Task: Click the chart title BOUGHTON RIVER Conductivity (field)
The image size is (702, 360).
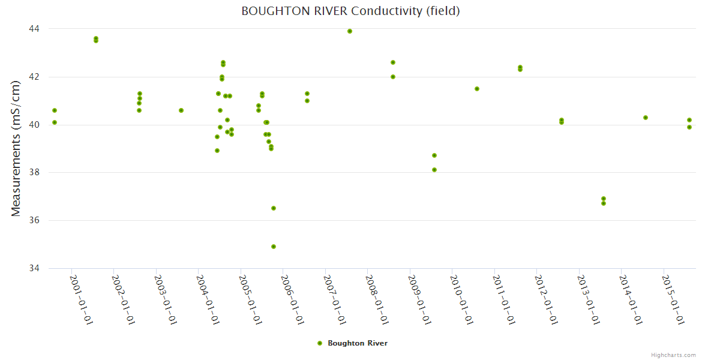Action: pyautogui.click(x=350, y=11)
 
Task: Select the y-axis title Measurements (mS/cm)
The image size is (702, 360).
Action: pyautogui.click(x=16, y=148)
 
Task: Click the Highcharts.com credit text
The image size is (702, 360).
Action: pyautogui.click(x=673, y=355)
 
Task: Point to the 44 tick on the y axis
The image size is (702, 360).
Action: pyautogui.click(x=34, y=29)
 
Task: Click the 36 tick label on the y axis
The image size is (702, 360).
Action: pyautogui.click(x=34, y=221)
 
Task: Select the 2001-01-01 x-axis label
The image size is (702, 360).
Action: pyautogui.click(x=82, y=300)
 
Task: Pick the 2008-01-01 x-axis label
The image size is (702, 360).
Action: pyautogui.click(x=377, y=300)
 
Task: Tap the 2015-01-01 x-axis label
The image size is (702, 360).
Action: pyautogui.click(x=673, y=300)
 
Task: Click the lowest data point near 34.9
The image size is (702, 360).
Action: pyautogui.click(x=274, y=247)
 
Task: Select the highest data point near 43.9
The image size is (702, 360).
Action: pyautogui.click(x=350, y=31)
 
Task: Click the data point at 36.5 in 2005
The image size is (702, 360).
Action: pyautogui.click(x=274, y=208)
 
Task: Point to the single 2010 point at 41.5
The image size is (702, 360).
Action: pyautogui.click(x=477, y=89)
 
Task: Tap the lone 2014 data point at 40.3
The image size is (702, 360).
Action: pyautogui.click(x=646, y=118)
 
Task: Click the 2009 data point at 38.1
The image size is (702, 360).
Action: pyautogui.click(x=434, y=170)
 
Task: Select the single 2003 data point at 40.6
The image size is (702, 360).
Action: pyautogui.click(x=181, y=110)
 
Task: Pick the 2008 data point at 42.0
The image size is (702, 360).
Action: pyautogui.click(x=393, y=77)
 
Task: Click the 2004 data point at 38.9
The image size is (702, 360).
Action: pyautogui.click(x=217, y=151)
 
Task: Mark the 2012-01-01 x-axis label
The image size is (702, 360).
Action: pyautogui.click(x=547, y=300)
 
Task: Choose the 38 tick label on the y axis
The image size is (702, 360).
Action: pyautogui.click(x=34, y=173)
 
